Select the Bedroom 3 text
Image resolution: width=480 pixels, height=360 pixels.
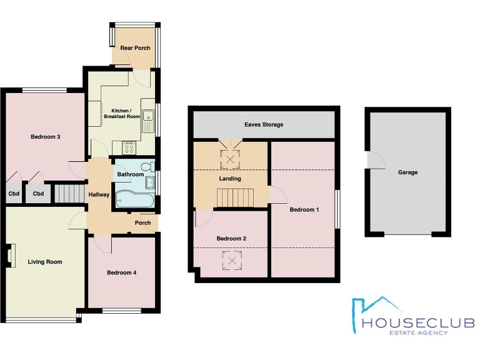pyautogui.click(x=45, y=136)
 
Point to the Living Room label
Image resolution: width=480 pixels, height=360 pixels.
pyautogui.click(x=45, y=262)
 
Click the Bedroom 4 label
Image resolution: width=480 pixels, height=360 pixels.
pyautogui.click(x=121, y=272)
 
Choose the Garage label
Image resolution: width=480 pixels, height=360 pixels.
pyautogui.click(x=407, y=172)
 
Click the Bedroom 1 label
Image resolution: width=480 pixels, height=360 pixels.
pyautogui.click(x=304, y=209)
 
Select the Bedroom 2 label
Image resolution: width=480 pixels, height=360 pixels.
pyautogui.click(x=231, y=238)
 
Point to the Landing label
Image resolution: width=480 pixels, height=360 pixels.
pyautogui.click(x=230, y=179)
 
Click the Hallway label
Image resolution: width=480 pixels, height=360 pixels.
pyautogui.click(x=99, y=195)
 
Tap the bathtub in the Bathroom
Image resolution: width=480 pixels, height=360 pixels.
pyautogui.click(x=132, y=199)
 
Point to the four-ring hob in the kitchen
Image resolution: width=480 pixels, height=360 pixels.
pyautogui.click(x=129, y=148)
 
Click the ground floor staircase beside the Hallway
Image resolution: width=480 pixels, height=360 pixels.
pyautogui.click(x=69, y=193)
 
